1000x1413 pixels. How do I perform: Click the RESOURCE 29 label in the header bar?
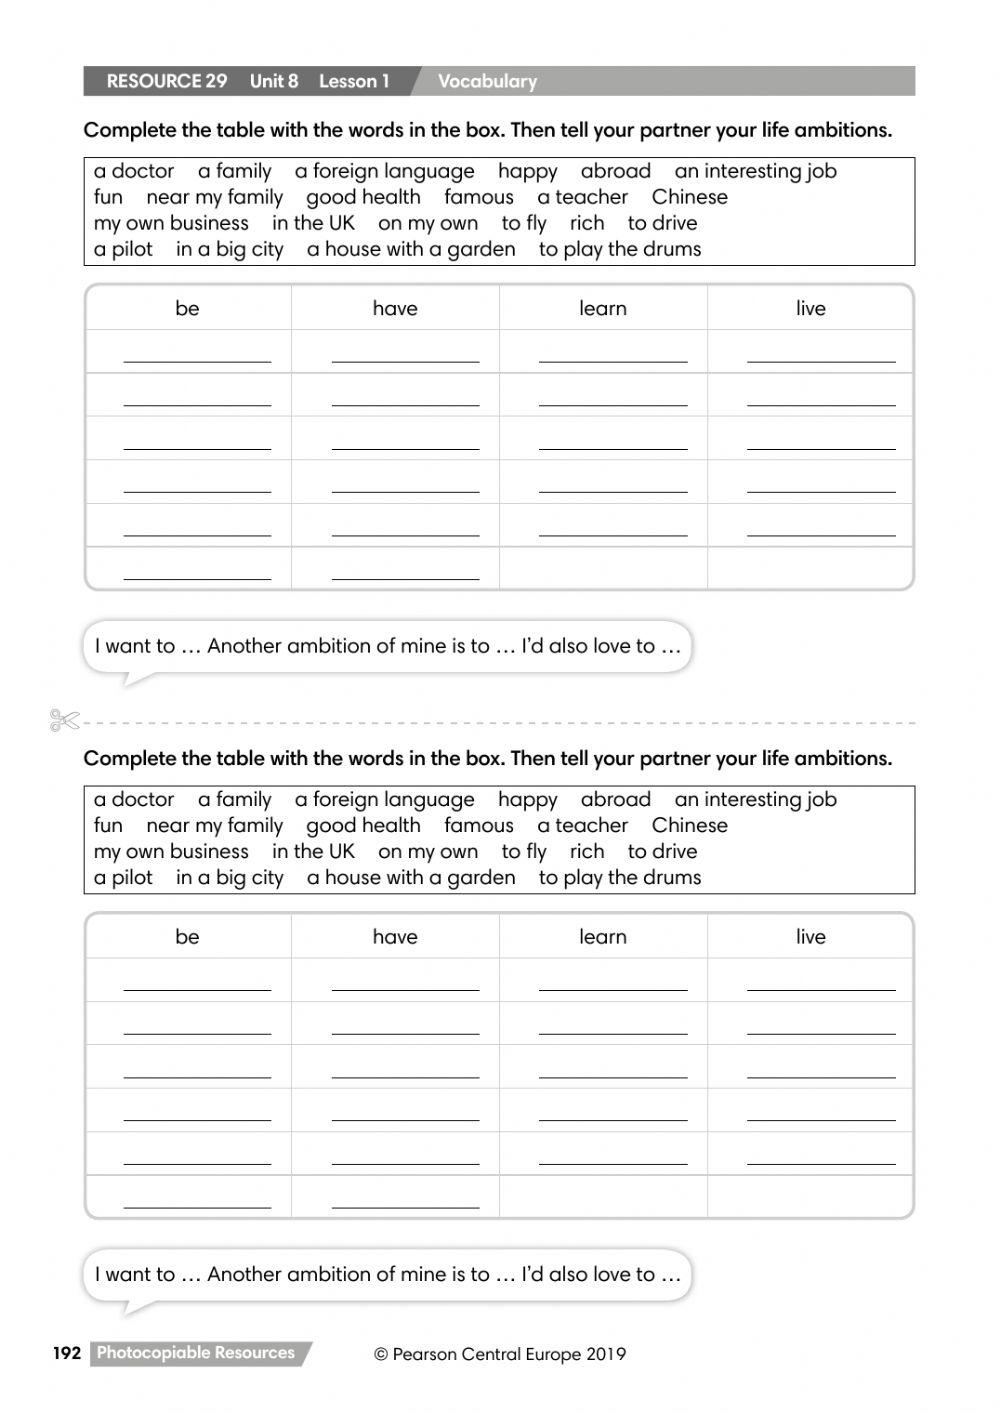click(x=167, y=82)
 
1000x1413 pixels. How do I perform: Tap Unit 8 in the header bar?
click(x=274, y=82)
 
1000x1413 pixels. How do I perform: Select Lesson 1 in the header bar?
click(x=354, y=82)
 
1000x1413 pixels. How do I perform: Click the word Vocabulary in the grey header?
click(x=487, y=82)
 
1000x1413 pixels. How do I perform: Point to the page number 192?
click(x=67, y=1353)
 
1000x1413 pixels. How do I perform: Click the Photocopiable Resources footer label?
click(x=196, y=1353)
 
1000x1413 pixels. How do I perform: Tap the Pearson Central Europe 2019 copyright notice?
click(x=500, y=1355)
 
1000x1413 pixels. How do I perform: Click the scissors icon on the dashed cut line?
click(x=65, y=720)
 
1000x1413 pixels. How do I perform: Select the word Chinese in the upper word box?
click(x=690, y=197)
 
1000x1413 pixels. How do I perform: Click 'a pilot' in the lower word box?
click(x=123, y=878)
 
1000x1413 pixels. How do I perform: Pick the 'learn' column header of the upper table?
click(x=603, y=309)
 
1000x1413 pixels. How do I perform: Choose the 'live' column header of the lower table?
click(x=811, y=937)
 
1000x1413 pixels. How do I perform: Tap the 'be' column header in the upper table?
click(x=187, y=309)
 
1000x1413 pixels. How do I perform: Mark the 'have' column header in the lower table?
click(x=395, y=937)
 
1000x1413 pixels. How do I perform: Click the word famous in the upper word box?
click(x=479, y=197)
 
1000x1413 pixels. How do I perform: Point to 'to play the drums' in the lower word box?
click(x=620, y=878)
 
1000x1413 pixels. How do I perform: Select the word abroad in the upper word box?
click(x=616, y=171)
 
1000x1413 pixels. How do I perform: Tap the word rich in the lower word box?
click(x=587, y=852)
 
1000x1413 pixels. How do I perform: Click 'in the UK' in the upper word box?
click(x=313, y=223)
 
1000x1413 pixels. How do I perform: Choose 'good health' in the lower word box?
click(x=363, y=826)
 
